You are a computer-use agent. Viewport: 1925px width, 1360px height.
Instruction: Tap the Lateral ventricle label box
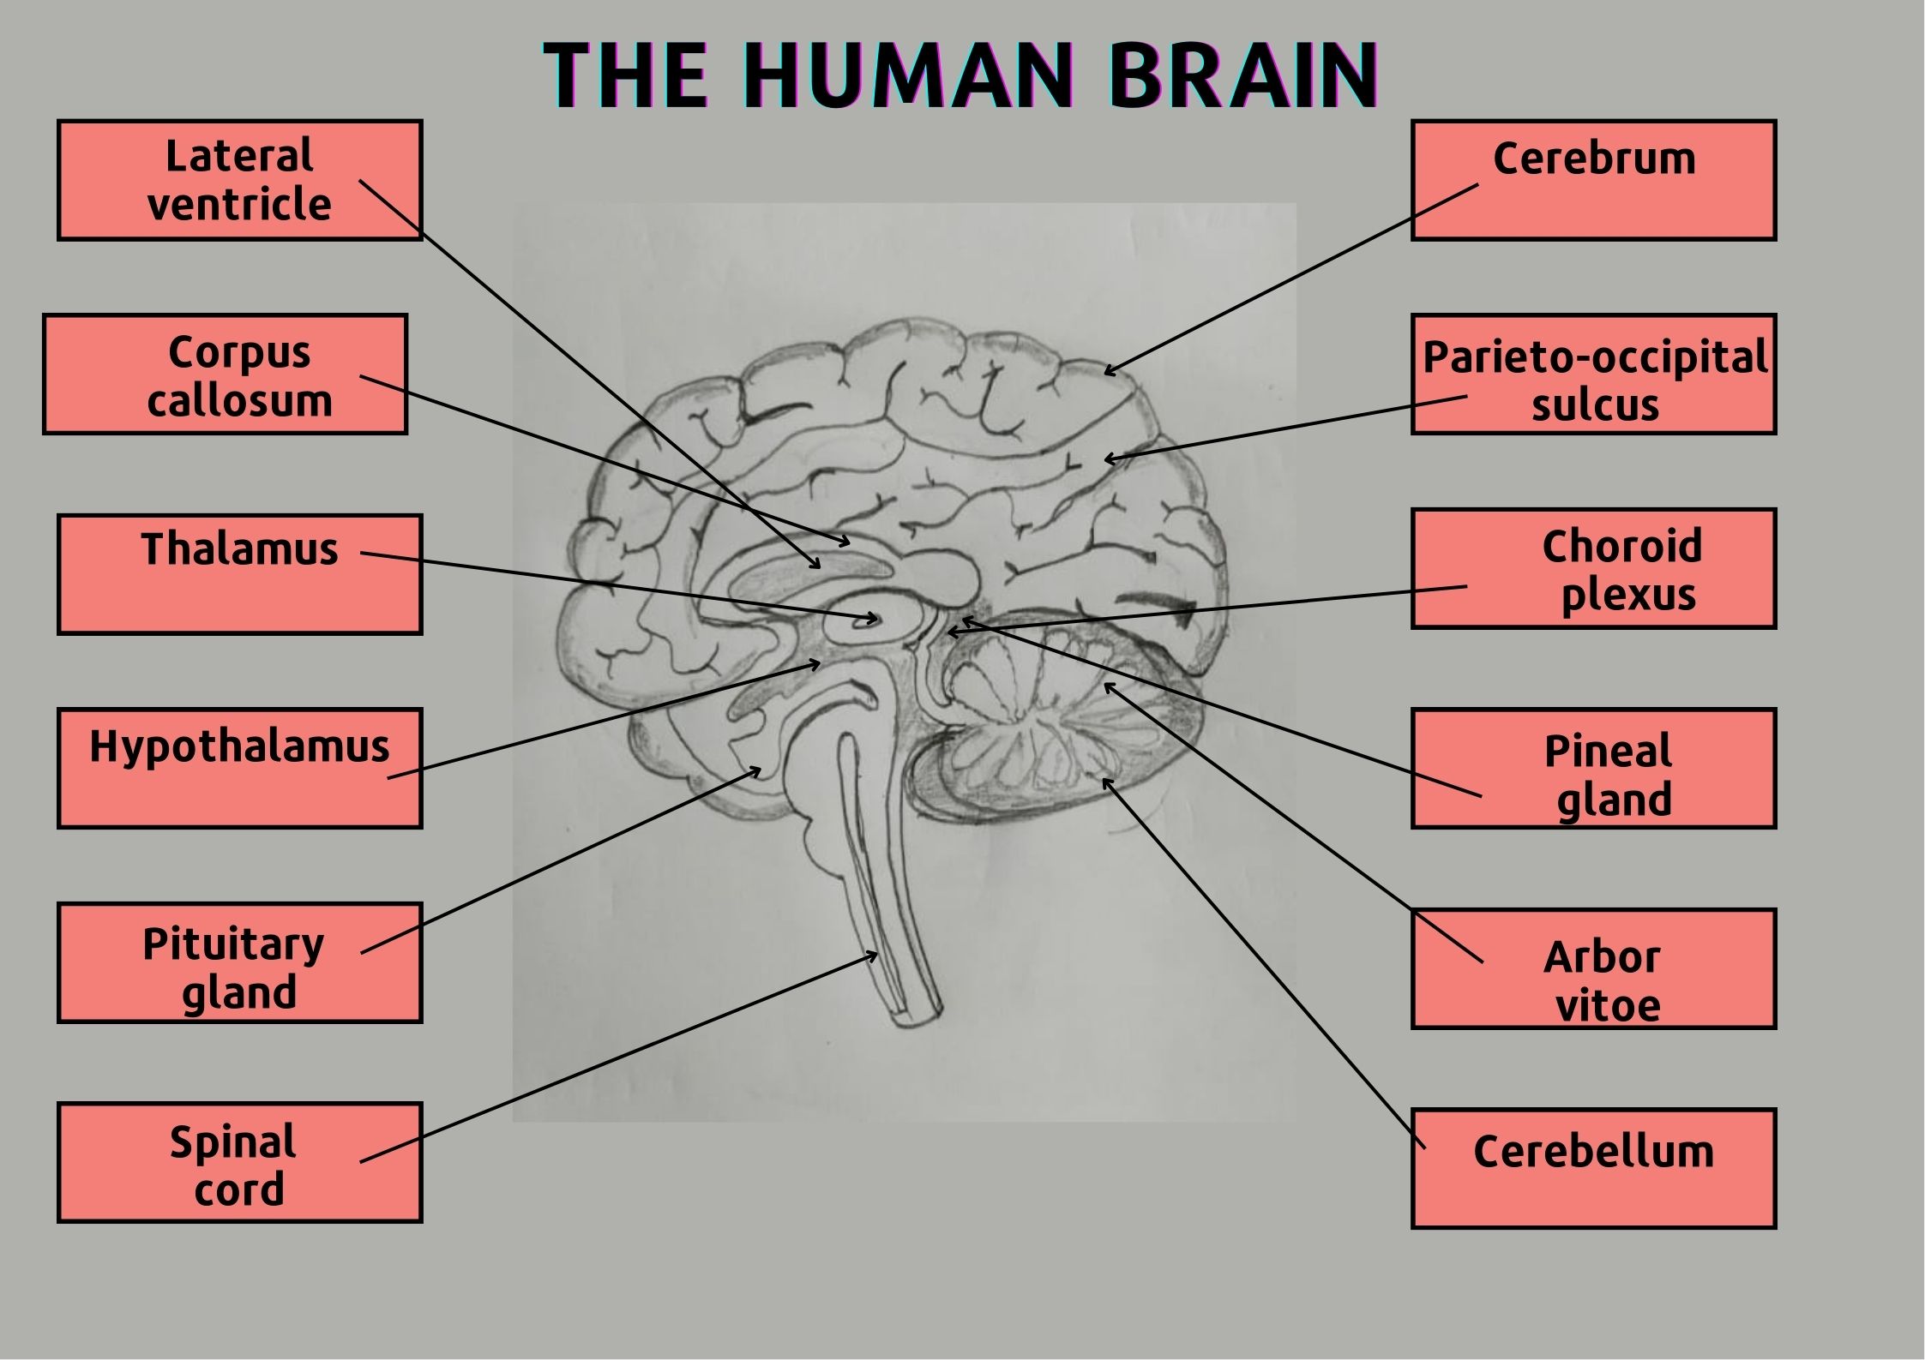pos(240,180)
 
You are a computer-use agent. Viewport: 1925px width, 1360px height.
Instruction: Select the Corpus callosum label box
pos(226,374)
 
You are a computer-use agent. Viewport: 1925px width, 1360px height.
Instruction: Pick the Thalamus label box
pos(240,574)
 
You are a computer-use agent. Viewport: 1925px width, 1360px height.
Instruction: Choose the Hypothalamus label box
pos(240,769)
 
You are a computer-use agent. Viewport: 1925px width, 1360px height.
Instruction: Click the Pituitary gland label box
pos(240,963)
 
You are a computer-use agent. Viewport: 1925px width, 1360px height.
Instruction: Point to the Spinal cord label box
pos(240,1163)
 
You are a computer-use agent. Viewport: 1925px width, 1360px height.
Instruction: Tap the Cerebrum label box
pos(1594,180)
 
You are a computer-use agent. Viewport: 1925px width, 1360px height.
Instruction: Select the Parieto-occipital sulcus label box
pos(1594,374)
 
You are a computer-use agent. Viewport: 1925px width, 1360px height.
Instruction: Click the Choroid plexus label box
pos(1594,569)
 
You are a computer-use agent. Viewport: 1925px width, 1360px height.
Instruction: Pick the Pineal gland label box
pos(1594,769)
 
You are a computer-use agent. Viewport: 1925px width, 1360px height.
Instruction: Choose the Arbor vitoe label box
pos(1594,968)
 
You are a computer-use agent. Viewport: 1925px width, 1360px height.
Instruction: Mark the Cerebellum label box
pos(1594,1168)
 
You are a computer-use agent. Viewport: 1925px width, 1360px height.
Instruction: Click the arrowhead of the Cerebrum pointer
pos(1108,372)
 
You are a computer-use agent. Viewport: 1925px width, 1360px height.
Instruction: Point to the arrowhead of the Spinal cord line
pos(873,955)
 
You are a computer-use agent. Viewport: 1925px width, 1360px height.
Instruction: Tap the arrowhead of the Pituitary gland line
pos(758,770)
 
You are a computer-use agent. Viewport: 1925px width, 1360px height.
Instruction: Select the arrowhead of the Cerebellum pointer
pos(1105,781)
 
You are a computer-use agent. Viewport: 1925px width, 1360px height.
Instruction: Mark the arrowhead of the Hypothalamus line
pos(817,662)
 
